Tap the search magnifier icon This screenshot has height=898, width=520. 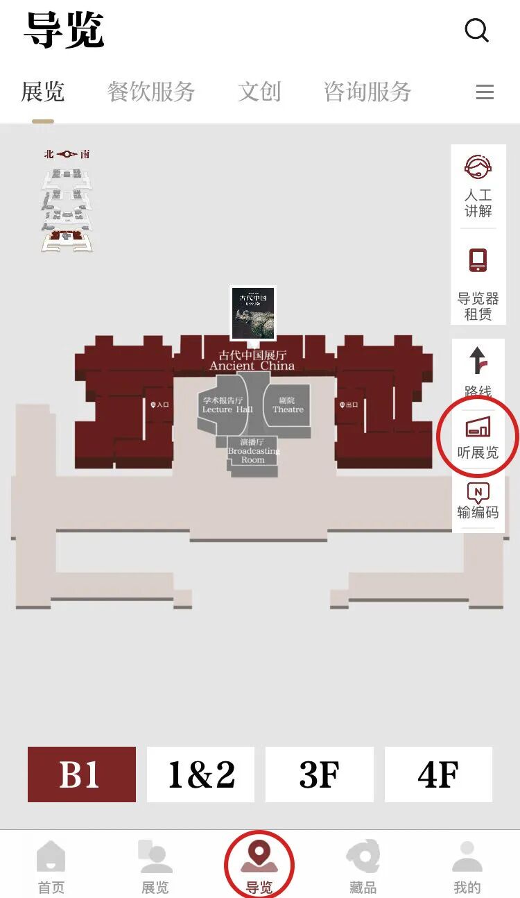(476, 31)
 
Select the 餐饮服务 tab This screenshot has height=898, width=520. (151, 92)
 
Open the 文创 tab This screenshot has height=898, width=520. (259, 92)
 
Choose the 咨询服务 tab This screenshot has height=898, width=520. (367, 92)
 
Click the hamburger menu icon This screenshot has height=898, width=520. (485, 92)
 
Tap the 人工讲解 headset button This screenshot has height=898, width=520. (478, 185)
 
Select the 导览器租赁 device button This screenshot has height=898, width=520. (478, 285)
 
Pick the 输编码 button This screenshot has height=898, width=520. (478, 501)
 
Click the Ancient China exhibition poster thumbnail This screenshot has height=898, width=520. (253, 313)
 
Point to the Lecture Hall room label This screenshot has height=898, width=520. (223, 405)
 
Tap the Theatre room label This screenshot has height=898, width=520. (288, 405)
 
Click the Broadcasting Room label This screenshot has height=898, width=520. (253, 450)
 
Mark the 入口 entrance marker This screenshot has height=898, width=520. (159, 404)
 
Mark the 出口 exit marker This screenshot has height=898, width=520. (348, 404)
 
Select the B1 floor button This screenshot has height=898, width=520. (82, 774)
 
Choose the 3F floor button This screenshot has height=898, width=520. (320, 774)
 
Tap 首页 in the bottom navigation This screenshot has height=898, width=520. (51, 867)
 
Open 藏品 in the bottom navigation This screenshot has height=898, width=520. (363, 867)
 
